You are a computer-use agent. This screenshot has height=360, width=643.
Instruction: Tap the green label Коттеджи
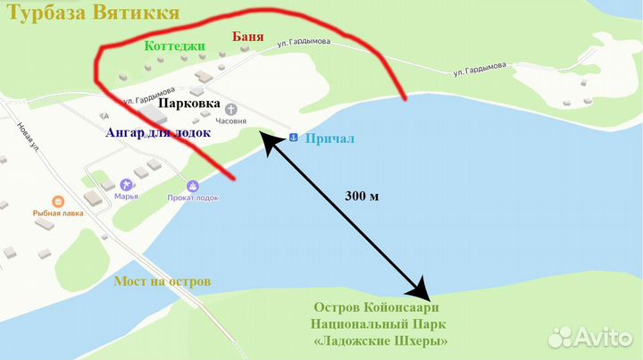[x=174, y=45]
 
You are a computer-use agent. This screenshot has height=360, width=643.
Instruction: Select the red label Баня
[x=248, y=37]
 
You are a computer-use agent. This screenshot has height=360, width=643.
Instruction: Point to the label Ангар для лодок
[x=158, y=132]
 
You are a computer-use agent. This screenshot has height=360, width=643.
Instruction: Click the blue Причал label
[x=330, y=138]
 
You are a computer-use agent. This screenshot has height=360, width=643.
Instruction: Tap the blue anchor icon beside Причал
[x=293, y=138]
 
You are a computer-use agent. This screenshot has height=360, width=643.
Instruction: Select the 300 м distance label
[x=362, y=196]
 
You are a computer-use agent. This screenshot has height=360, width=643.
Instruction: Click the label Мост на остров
[x=163, y=281]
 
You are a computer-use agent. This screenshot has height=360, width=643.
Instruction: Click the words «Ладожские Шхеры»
[x=381, y=341]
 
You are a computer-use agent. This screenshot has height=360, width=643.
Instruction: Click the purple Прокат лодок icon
[x=192, y=185]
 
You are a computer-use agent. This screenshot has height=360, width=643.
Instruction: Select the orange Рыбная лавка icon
[x=58, y=201]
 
